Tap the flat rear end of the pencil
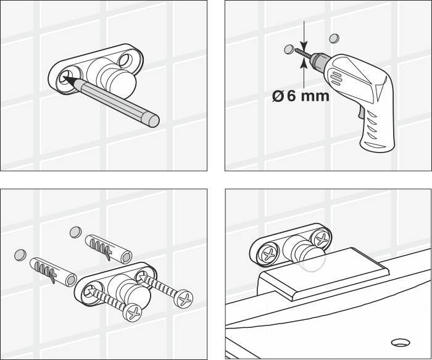point(154,121)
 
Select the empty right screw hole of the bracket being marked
point(125,60)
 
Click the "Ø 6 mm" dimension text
point(301,96)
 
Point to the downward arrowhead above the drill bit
point(304,46)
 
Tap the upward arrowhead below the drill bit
point(304,63)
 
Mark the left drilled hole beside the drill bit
point(288,49)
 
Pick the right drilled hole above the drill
point(334,38)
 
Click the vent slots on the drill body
point(336,78)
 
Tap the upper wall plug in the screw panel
point(109,249)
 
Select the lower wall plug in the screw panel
point(53,272)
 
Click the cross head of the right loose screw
point(185,299)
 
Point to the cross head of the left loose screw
point(132,312)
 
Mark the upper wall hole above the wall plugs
point(75,232)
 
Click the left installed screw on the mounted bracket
point(268,254)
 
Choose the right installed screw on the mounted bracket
point(322,239)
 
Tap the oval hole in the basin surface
point(401,343)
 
